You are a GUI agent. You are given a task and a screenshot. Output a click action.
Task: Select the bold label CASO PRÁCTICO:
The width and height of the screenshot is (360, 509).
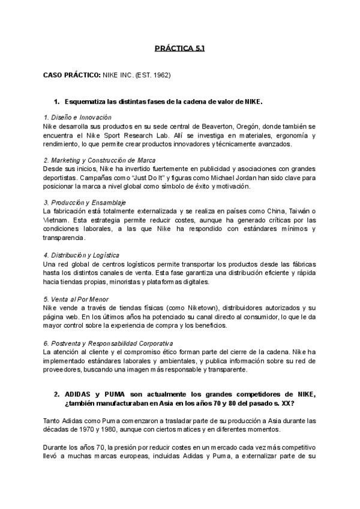point(72,76)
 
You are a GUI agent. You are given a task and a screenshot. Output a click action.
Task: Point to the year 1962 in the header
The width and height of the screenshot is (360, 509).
point(164,76)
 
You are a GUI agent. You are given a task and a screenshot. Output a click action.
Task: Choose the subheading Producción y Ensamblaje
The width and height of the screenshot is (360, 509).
point(85,203)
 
